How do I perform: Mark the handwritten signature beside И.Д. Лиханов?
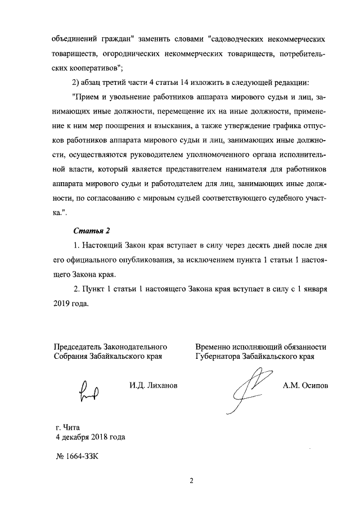[90, 390]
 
